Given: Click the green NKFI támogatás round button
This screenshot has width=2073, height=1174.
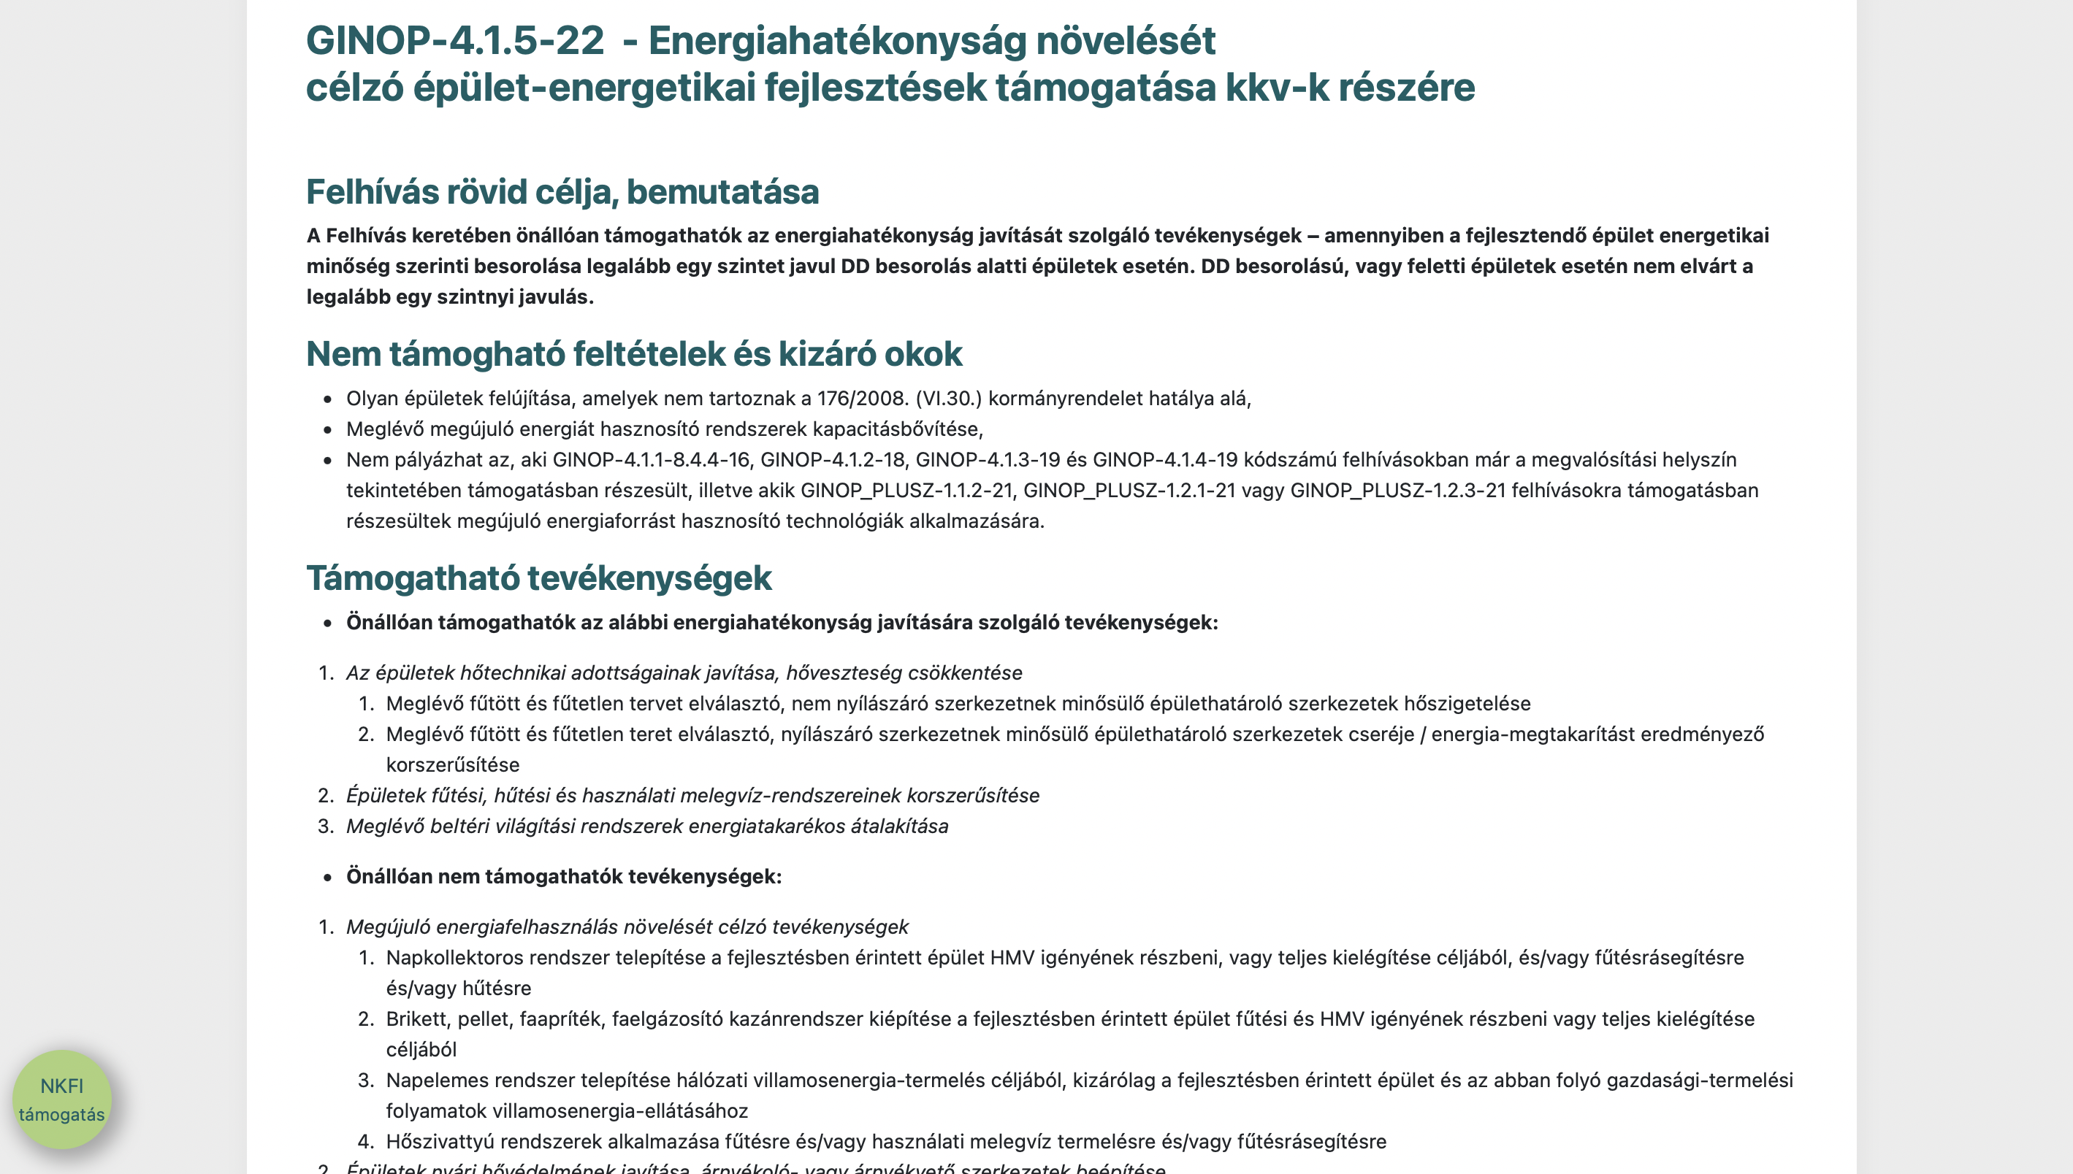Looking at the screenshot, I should click(x=62, y=1099).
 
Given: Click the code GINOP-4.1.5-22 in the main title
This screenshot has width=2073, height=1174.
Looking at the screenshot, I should click(x=455, y=40).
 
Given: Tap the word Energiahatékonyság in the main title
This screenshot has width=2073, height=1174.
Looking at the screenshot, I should click(x=836, y=40).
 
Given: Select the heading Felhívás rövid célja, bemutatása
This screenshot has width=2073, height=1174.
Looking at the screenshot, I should click(x=562, y=192).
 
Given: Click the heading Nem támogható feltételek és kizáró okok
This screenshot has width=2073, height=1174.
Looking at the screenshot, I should click(x=634, y=354).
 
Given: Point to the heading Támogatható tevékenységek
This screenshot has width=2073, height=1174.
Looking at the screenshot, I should click(x=539, y=578).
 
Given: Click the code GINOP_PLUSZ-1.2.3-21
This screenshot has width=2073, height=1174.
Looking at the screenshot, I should click(x=1398, y=490).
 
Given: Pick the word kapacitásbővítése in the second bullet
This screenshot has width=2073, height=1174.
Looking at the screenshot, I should click(x=893, y=429).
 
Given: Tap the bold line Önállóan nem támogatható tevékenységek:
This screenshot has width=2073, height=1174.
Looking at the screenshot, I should click(x=564, y=876).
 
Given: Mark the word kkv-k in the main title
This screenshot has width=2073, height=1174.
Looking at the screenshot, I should click(x=1277, y=87).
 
